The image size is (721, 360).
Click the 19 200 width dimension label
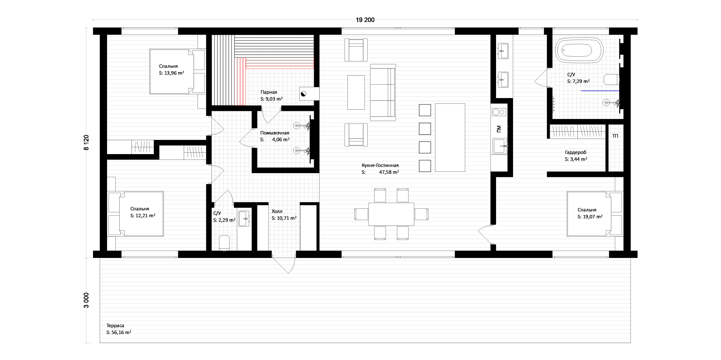(365, 20)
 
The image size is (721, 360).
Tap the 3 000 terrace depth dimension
(86, 300)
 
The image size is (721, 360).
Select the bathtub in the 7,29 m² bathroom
(579, 50)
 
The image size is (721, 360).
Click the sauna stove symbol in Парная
(303, 94)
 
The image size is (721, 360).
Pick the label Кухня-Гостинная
(380, 165)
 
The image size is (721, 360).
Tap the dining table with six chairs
(391, 214)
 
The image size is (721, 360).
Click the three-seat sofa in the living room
(383, 92)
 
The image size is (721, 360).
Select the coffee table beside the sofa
(356, 92)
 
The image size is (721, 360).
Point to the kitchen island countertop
(450, 137)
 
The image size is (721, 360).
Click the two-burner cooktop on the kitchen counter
(499, 112)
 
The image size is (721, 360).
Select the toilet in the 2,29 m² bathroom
(224, 242)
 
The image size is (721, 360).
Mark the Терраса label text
(115, 326)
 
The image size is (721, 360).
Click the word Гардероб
(576, 153)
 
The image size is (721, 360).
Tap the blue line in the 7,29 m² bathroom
(600, 91)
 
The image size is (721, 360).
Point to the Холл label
(277, 211)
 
